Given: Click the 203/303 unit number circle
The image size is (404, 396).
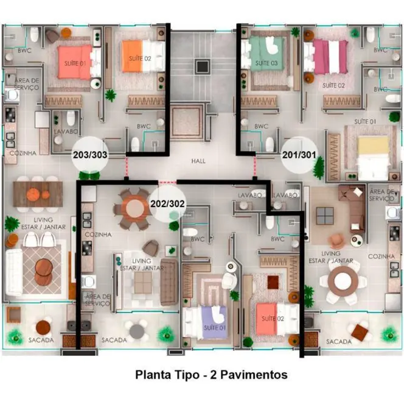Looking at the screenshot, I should coord(90,155).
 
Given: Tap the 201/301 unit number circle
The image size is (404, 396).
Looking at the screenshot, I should coord(299,155).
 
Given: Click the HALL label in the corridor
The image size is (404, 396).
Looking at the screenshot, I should coord(198,161).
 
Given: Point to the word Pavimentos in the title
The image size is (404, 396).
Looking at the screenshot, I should coord(249,375).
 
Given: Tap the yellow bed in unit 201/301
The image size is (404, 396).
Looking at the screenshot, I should coord(373,155).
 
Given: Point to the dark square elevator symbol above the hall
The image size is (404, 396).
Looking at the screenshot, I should coord(201,66).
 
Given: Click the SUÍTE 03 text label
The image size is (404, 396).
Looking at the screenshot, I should coord(266,63).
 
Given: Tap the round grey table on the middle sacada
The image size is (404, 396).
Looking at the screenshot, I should coord(138,330).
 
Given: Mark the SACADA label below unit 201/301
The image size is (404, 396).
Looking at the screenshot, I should coord(339,342).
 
